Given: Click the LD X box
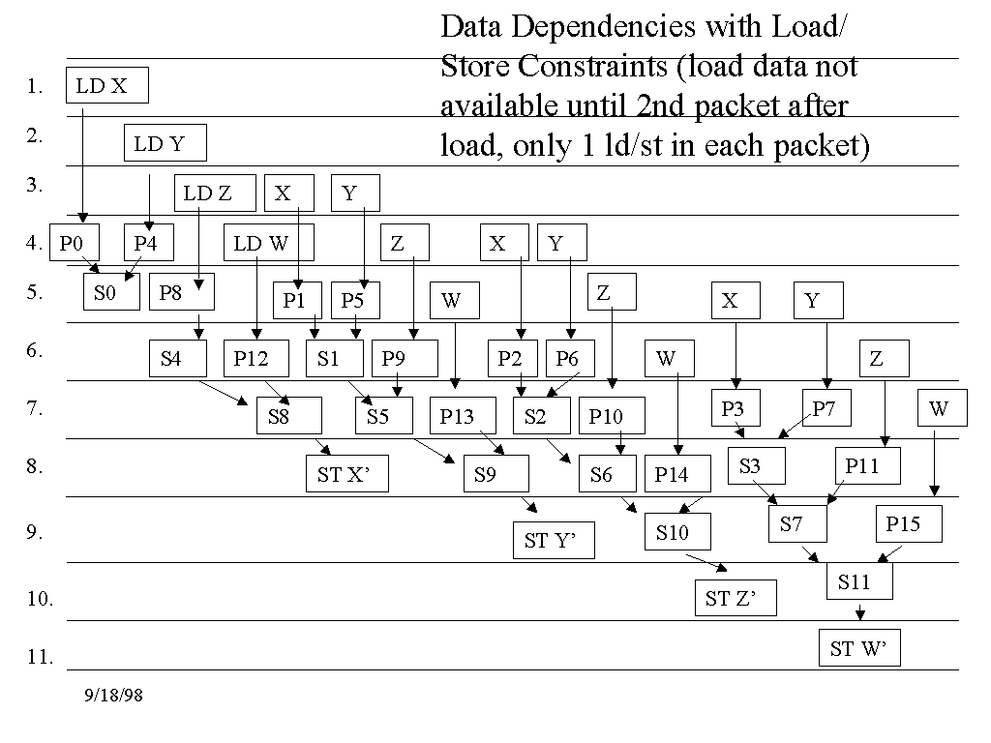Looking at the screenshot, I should pyautogui.click(x=107, y=85).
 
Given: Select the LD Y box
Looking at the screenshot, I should pyautogui.click(x=165, y=144).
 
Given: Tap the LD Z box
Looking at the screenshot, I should pyautogui.click(x=214, y=193).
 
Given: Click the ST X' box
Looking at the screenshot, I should pyautogui.click(x=347, y=474).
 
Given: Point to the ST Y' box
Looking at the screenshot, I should pyautogui.click(x=554, y=540).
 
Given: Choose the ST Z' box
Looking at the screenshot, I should pyautogui.click(x=735, y=599).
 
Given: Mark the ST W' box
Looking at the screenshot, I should pyautogui.click(x=858, y=649).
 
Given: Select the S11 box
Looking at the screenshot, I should pyautogui.click(x=858, y=581).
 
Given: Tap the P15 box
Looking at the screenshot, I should pyautogui.click(x=908, y=523).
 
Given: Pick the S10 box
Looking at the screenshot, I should pyautogui.click(x=676, y=531).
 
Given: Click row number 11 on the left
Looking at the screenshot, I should pyautogui.click(x=40, y=657).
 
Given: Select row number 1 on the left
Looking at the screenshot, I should pyautogui.click(x=35, y=86).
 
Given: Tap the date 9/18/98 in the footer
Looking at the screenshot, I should pyautogui.click(x=113, y=695).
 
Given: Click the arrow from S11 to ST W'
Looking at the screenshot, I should pyautogui.click(x=858, y=612).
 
